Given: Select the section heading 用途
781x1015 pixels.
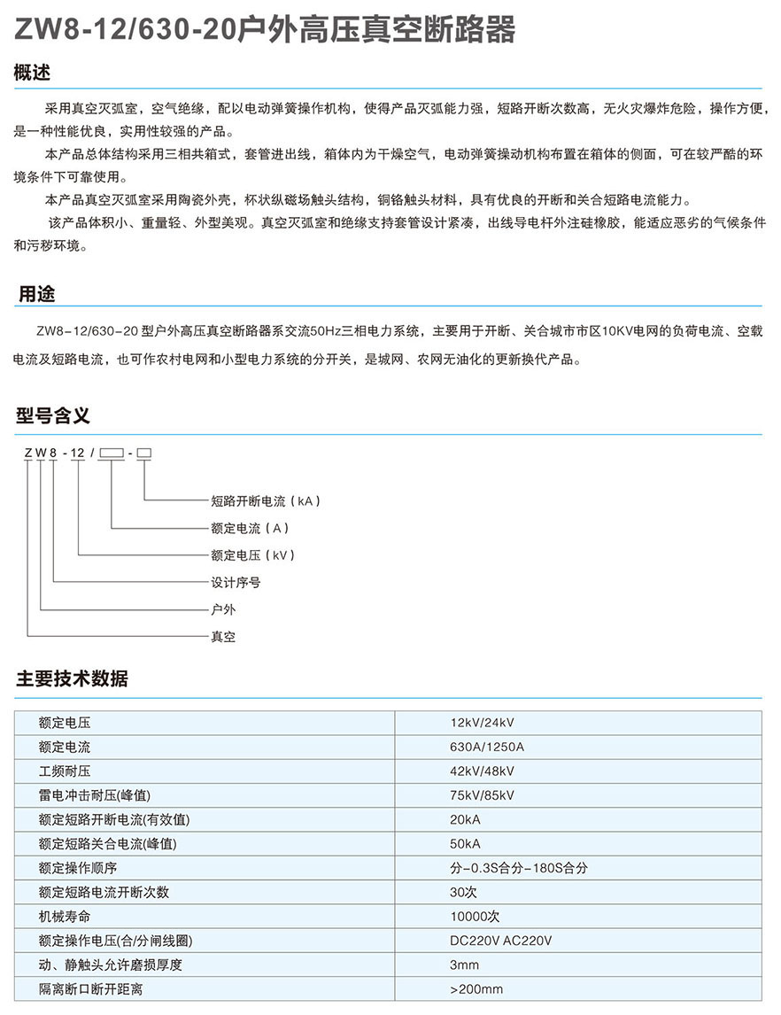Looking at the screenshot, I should [x=38, y=294].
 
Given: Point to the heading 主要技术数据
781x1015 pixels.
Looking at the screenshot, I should [x=72, y=679].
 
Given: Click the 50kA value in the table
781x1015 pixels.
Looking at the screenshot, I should [x=466, y=843].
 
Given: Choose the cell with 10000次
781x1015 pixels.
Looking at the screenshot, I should [x=475, y=916].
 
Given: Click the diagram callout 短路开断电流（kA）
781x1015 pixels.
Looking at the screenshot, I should [x=265, y=501].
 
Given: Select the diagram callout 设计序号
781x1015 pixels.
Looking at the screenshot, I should [x=236, y=583].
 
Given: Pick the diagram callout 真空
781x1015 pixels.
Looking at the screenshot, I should [x=223, y=637].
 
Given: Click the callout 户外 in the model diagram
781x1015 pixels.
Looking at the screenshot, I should [x=223, y=610].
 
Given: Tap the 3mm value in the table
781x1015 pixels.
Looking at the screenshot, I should [x=464, y=965].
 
